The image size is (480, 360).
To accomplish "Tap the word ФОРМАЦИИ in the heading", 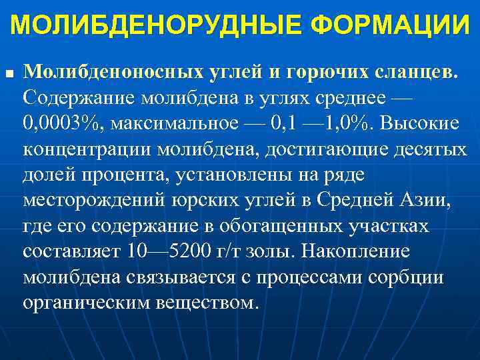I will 390,26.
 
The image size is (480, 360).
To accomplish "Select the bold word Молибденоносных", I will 104,71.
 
